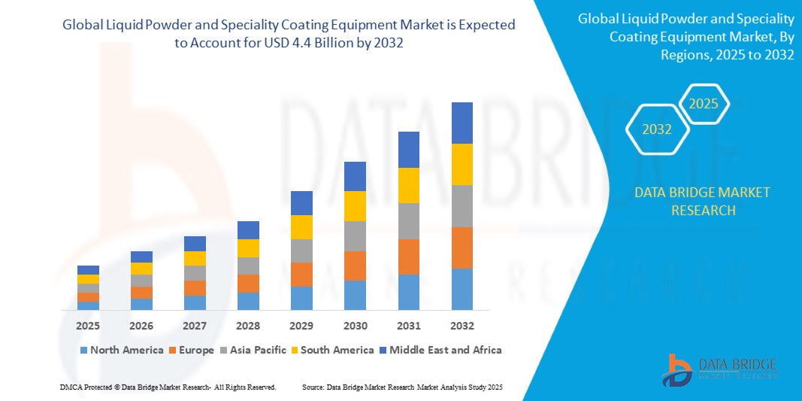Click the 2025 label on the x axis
pos(88,326)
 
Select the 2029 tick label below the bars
pos(301,326)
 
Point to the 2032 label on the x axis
pos(462,326)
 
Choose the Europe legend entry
pos(193,350)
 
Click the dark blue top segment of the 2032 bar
pos(462,123)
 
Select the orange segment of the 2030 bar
pos(355,266)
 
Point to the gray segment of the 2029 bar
pos(301,251)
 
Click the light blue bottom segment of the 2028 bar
pos(248,301)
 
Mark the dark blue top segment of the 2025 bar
pos(88,270)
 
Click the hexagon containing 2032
pos(658,129)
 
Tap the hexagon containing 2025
pos(704,104)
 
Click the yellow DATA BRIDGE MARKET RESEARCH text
pos(701,202)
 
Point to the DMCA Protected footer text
pos(167,387)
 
